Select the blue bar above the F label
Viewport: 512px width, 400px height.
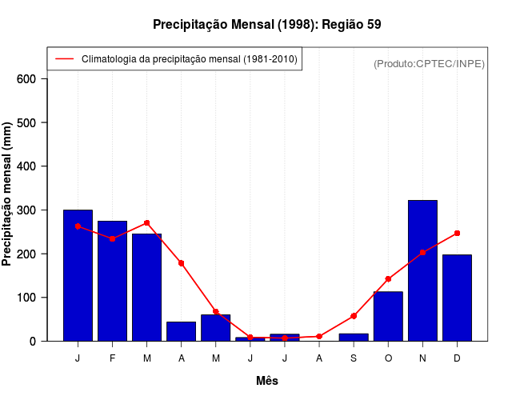click(113, 281)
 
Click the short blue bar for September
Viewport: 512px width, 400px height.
click(354, 337)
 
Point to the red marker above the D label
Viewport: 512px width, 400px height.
click(457, 233)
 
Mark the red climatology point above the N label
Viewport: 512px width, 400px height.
click(422, 252)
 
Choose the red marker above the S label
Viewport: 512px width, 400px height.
click(354, 316)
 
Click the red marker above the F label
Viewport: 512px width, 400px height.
click(113, 238)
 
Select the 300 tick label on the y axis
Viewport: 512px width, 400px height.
click(26, 210)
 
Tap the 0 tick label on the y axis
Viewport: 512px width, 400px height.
click(33, 342)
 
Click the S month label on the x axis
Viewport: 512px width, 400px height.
click(354, 358)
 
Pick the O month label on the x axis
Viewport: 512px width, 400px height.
click(388, 358)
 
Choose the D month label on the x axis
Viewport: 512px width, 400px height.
click(457, 358)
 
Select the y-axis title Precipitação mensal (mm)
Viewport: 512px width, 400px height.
click(7, 194)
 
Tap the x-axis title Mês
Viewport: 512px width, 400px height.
click(267, 381)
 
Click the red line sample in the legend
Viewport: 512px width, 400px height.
click(64, 59)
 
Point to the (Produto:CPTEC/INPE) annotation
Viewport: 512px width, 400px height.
click(429, 63)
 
